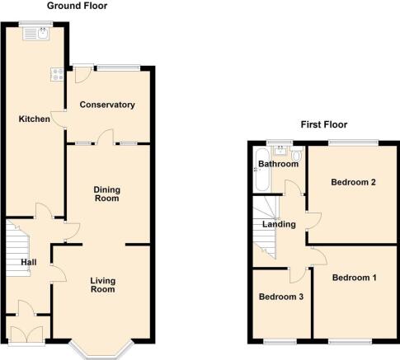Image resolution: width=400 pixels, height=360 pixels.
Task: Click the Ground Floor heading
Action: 77,6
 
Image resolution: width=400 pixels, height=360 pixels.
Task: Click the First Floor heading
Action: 324,124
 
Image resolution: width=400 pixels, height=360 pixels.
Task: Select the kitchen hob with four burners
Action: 57,74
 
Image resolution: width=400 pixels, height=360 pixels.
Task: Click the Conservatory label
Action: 107,105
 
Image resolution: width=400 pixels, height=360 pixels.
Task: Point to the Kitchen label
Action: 35,119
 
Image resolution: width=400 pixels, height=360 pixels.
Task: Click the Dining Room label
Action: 107,194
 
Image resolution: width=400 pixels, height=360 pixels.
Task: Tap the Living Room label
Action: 103,285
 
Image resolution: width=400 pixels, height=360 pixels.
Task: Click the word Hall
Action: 29,262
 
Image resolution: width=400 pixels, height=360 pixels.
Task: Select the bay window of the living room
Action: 101,351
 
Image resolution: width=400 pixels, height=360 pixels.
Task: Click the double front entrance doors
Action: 26,334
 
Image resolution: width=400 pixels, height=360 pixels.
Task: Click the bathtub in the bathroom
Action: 262,170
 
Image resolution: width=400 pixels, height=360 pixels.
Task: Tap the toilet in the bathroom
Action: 297,153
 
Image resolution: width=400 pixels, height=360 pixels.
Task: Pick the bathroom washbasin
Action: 280,151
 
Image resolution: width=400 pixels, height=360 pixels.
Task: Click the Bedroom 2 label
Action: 353,182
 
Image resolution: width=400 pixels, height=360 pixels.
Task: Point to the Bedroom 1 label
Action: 355,278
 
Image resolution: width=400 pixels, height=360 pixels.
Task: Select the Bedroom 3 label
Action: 281,297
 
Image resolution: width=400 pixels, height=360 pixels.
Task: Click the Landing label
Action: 279,224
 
